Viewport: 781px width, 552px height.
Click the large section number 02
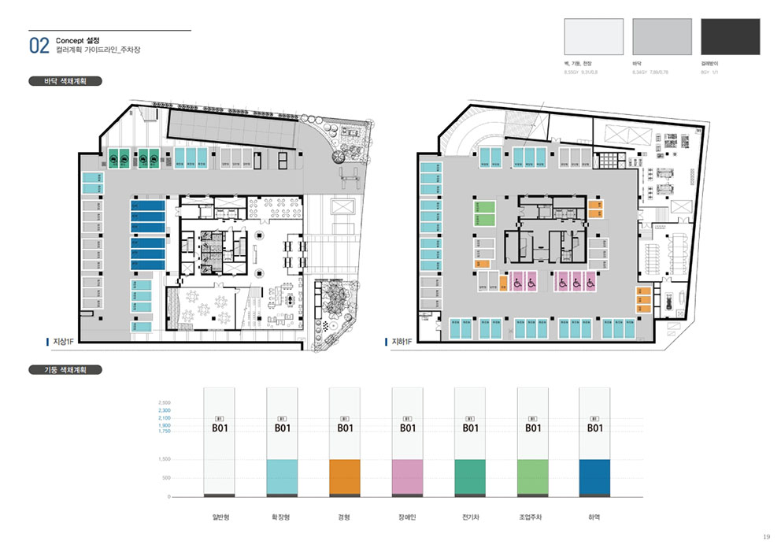coord(39,45)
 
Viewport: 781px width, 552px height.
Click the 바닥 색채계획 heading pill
coord(66,80)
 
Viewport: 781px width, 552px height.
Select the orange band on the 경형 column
coord(344,476)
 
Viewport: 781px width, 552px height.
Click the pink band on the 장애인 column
coord(407,476)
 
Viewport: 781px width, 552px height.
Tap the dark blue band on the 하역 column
coord(595,476)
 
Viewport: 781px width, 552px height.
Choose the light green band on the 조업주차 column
coord(532,476)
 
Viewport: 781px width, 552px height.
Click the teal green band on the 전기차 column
coord(470,476)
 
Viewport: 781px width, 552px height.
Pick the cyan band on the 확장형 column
coord(282,476)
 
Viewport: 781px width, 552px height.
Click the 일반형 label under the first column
coord(219,517)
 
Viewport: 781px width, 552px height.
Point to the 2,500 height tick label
coord(164,402)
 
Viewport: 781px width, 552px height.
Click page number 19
coord(766,537)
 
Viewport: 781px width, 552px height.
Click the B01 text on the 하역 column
coord(595,428)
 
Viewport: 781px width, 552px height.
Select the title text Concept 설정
coord(78,39)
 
